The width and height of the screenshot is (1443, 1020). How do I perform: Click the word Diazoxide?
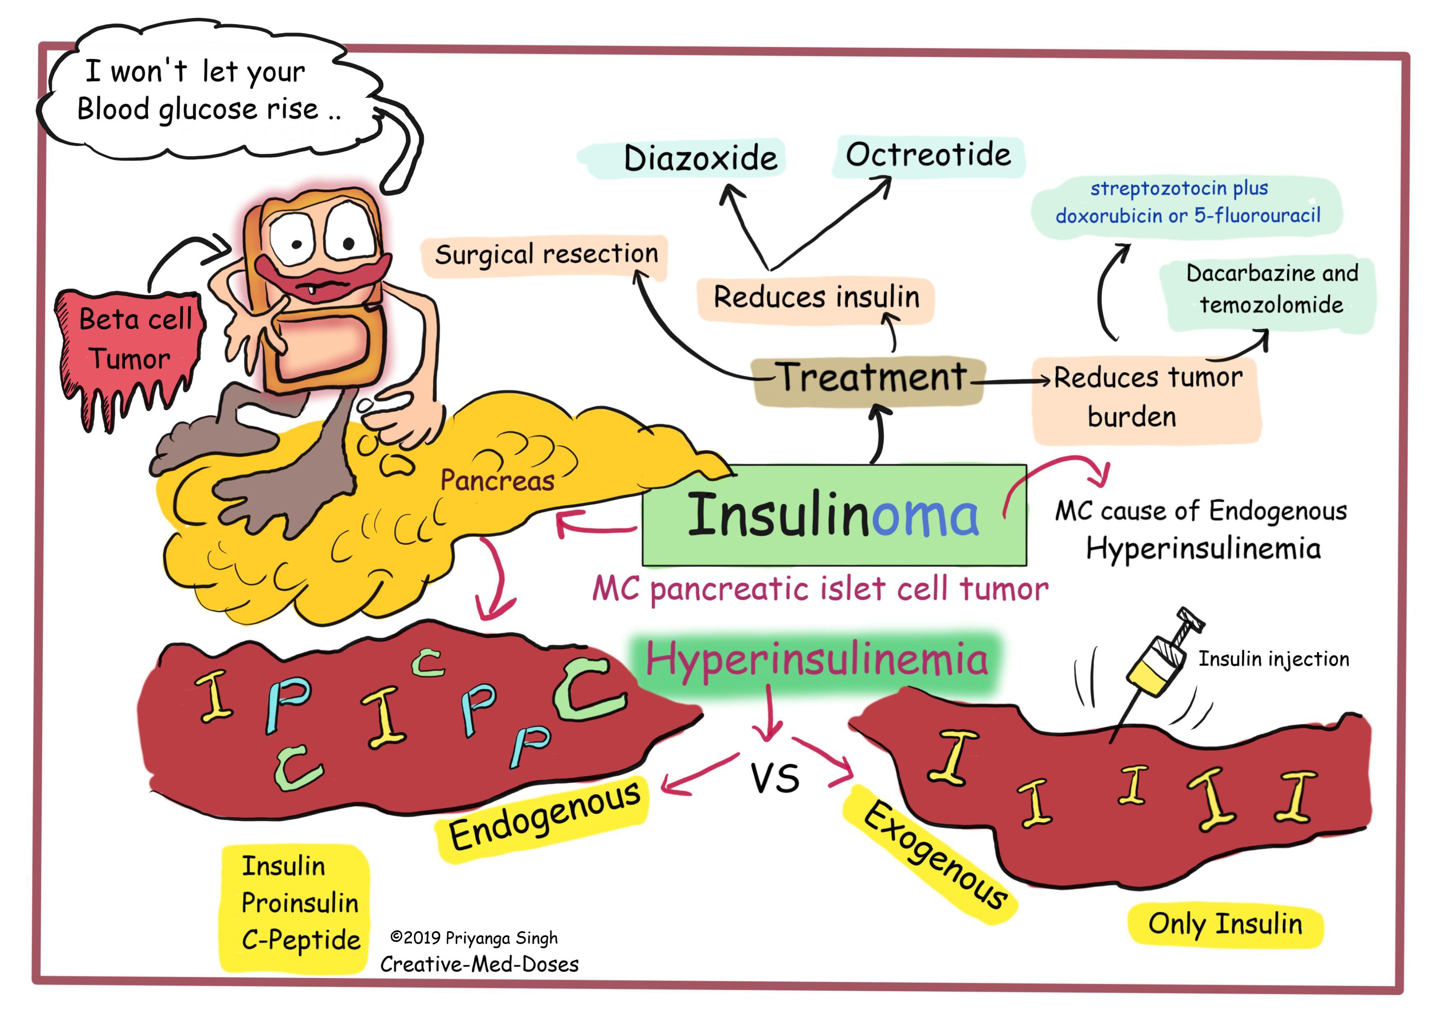[x=700, y=158]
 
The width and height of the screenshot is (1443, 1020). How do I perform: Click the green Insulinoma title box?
[x=833, y=515]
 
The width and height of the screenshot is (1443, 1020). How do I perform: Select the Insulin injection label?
[x=1273, y=658]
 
